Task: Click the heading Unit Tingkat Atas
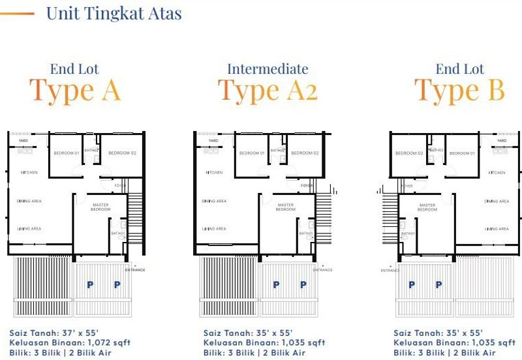(114, 12)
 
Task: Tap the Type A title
(74, 90)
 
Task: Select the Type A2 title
(268, 91)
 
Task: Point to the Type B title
(459, 90)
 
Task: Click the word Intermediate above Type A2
(268, 68)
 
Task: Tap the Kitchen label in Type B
(497, 172)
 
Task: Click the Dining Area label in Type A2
(214, 201)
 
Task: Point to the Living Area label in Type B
(497, 229)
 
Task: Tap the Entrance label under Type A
(136, 269)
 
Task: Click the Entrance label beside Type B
(390, 270)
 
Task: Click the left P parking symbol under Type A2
(276, 285)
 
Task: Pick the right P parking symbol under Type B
(438, 285)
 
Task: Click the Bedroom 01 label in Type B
(463, 153)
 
